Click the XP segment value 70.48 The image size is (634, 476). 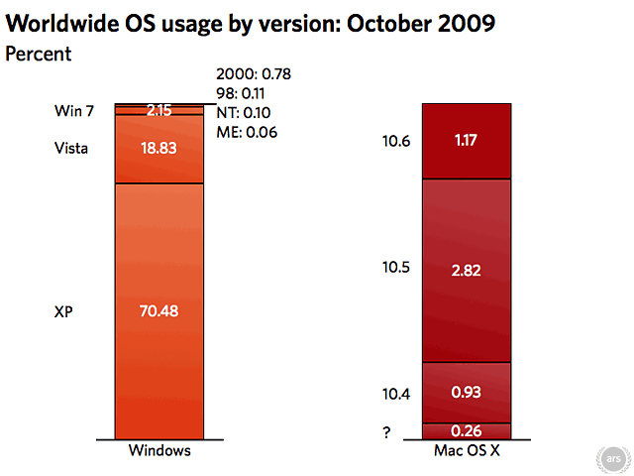(x=159, y=311)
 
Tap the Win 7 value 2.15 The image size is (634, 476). (x=159, y=110)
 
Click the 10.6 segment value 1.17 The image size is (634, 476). (x=466, y=142)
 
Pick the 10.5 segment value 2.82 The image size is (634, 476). (x=466, y=270)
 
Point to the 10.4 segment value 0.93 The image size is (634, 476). (x=466, y=393)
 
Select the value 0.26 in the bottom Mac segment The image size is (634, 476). (x=466, y=430)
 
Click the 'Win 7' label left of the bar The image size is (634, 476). (x=74, y=111)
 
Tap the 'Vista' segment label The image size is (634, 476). (x=71, y=149)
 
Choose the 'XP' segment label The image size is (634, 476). (x=63, y=311)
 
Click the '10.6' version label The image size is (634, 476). (x=395, y=142)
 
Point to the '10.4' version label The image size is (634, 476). (x=395, y=393)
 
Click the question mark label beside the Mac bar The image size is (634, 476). (x=386, y=431)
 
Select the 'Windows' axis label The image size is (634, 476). (x=159, y=451)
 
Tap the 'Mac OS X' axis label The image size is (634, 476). (x=466, y=451)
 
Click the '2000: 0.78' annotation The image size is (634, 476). (x=254, y=73)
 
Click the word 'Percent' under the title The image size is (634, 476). (x=39, y=54)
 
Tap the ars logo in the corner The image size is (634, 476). (x=613, y=459)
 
